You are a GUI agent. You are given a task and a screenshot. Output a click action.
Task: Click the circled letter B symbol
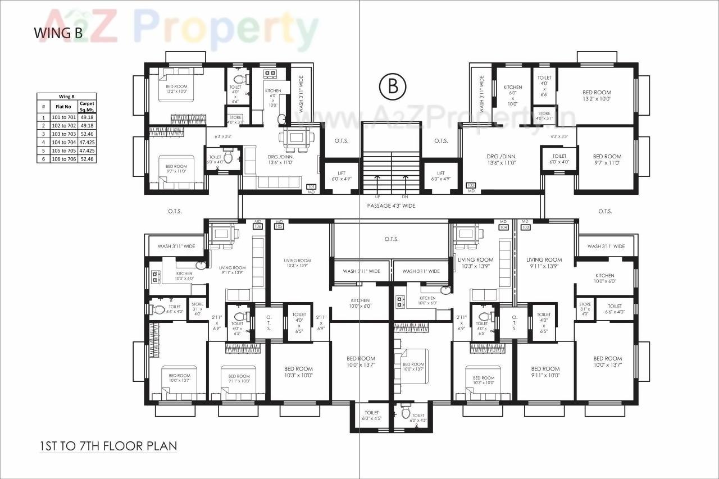click(392, 86)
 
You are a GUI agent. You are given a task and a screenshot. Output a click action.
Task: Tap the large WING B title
click(58, 33)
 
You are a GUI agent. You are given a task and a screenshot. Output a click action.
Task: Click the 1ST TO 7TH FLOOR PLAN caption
click(108, 446)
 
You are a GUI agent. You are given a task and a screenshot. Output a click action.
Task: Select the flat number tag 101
click(311, 186)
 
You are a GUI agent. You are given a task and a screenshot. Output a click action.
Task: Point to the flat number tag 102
click(471, 185)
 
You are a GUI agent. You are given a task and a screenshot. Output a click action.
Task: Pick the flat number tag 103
click(526, 227)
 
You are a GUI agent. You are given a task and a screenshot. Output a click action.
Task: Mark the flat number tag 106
click(258, 227)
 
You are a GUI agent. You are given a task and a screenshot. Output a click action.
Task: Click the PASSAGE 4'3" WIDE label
click(392, 206)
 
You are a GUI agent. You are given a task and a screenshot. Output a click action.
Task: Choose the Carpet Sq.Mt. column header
click(87, 107)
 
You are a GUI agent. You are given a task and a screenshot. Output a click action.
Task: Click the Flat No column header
click(63, 107)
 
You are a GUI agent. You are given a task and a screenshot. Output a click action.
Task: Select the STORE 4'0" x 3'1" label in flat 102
click(544, 116)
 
